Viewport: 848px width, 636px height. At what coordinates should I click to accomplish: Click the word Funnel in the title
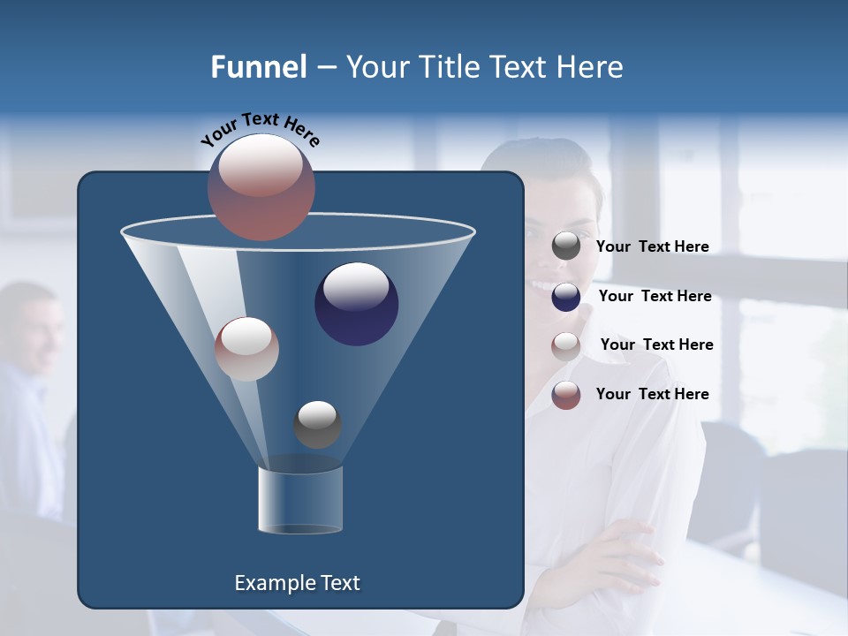coord(258,67)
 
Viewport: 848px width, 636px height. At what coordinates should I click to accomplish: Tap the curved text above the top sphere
coord(260,130)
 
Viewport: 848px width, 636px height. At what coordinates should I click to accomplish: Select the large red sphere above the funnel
coord(261,187)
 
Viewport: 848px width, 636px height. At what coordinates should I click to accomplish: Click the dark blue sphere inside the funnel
coord(356,304)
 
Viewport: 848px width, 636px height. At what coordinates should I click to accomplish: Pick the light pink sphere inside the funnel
coord(246,349)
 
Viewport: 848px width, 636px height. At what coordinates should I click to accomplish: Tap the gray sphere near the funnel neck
coord(317,425)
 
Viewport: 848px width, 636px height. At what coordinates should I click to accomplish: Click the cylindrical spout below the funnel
coord(300,500)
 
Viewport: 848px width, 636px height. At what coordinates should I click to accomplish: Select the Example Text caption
coord(297,583)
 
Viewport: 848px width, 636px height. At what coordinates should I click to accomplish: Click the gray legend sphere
coord(566,246)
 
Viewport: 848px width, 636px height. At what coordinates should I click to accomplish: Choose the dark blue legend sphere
coord(566,296)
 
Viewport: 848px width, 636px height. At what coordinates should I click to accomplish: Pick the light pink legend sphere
coord(566,345)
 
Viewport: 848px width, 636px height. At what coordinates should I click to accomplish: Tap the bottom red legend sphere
coord(566,394)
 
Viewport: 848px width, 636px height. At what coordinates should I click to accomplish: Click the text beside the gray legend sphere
coord(652,246)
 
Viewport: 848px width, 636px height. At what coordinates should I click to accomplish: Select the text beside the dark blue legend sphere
coord(655,296)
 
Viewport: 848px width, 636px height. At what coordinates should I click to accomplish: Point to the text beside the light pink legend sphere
coord(656,344)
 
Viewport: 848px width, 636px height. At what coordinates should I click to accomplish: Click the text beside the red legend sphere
coord(652,394)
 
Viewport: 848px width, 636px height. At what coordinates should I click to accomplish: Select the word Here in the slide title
coord(591,67)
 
